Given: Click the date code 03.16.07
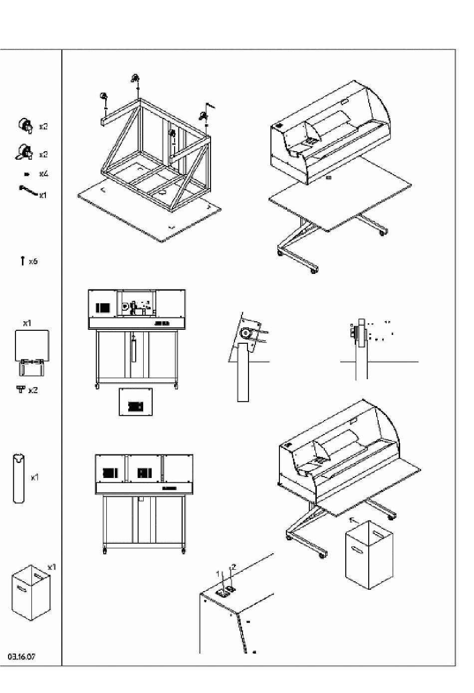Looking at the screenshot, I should [21, 656].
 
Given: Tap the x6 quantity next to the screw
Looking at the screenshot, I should [33, 261].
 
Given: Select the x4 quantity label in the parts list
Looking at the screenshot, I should [44, 174].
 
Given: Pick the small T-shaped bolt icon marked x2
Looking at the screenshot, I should [20, 389].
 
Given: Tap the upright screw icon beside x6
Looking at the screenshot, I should [22, 260].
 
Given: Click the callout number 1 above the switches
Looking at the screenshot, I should [218, 573].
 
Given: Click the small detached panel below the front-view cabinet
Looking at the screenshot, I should [135, 402].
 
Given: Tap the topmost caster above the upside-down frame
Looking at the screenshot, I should [135, 78].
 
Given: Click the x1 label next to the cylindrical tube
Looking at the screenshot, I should [34, 477].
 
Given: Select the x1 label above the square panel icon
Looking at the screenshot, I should [27, 323].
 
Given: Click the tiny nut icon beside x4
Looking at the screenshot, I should [26, 174].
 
